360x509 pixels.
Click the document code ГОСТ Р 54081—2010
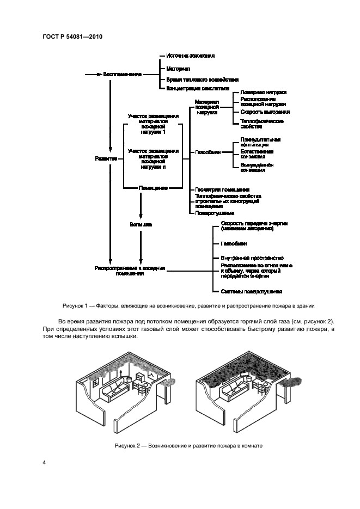point(72,36)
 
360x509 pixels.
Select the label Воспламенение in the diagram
point(123,74)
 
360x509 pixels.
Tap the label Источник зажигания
point(190,56)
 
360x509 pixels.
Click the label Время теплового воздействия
point(202,78)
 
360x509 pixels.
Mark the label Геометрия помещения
point(222,189)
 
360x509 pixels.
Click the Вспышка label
point(141,223)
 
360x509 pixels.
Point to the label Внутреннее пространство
point(252,257)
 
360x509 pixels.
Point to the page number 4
point(44,463)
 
